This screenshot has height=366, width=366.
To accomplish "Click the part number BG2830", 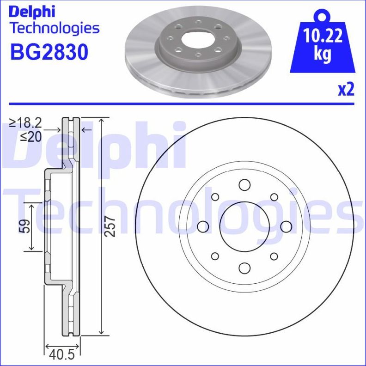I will pos(49,52).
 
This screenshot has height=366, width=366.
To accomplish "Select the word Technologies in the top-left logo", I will pos(55,29).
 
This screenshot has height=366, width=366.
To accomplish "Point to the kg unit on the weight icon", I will pos(323,54).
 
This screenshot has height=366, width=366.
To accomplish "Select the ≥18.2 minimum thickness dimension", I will pos(26,123).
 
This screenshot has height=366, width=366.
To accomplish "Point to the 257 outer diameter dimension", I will pos(110,226).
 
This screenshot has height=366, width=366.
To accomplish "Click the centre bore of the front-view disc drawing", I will pos(244,226).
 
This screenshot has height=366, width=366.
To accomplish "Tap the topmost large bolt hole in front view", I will pos(244,185).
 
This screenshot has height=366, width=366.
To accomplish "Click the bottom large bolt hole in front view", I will pos(244,268).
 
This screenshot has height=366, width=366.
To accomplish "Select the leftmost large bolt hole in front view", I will pos(202,226).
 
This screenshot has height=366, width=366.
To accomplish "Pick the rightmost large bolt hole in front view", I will pos(286,226).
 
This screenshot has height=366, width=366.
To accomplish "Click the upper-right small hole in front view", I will pos(273,197).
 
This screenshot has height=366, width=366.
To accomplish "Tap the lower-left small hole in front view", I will pos(215,256).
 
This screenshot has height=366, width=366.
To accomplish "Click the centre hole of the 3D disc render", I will pos(198,41).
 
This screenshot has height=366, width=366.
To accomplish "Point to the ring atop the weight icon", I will pos(323,16).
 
